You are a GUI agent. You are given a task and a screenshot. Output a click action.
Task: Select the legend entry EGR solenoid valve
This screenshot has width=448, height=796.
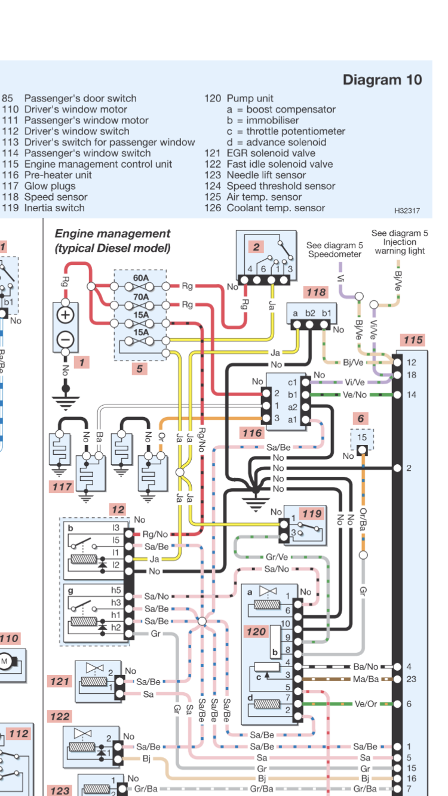(271, 153)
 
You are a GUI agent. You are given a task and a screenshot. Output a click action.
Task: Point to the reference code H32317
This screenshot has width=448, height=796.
(407, 211)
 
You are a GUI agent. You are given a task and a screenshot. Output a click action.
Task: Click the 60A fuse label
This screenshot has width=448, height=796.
(141, 277)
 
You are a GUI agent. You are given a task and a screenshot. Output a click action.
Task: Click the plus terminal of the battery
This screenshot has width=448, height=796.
(65, 315)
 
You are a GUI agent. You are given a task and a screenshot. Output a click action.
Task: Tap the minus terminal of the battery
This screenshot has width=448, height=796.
(65, 340)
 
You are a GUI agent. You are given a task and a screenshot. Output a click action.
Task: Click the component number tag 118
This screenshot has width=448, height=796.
(316, 292)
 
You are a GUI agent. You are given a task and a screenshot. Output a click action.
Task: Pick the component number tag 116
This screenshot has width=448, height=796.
(253, 433)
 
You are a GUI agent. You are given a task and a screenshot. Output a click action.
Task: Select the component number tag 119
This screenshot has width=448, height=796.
(311, 513)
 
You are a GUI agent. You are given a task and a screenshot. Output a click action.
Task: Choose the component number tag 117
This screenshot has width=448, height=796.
(61, 487)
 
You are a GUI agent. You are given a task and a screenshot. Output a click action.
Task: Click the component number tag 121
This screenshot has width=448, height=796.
(60, 681)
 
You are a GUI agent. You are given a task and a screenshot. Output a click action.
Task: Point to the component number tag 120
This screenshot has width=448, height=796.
(256, 631)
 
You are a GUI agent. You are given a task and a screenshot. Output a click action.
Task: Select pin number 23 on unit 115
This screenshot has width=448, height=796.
(411, 679)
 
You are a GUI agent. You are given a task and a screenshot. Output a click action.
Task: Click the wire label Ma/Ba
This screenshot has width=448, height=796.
(365, 679)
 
